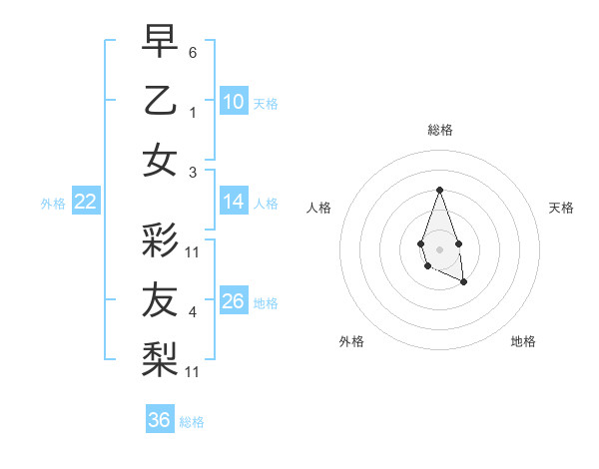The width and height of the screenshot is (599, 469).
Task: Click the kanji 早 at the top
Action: click(x=161, y=42)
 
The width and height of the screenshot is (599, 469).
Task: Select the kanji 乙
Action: click(x=161, y=101)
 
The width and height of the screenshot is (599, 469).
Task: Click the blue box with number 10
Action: click(x=234, y=101)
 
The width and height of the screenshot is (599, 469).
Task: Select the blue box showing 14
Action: click(x=234, y=202)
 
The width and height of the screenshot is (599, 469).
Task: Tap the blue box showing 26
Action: click(x=234, y=300)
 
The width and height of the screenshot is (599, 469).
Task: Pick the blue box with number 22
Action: click(x=86, y=202)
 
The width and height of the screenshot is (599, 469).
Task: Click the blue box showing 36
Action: click(x=160, y=420)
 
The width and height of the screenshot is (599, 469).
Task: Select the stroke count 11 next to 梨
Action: click(x=193, y=371)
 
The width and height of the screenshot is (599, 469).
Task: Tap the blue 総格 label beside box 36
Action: click(x=192, y=422)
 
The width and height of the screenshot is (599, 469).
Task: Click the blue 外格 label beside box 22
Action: click(x=53, y=204)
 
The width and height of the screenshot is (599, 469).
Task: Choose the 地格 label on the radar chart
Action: click(x=523, y=341)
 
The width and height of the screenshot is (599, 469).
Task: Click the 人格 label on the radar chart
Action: click(x=319, y=208)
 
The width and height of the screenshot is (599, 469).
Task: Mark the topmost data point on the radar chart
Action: click(x=439, y=190)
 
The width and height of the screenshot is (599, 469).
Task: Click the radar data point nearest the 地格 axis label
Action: click(x=464, y=282)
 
